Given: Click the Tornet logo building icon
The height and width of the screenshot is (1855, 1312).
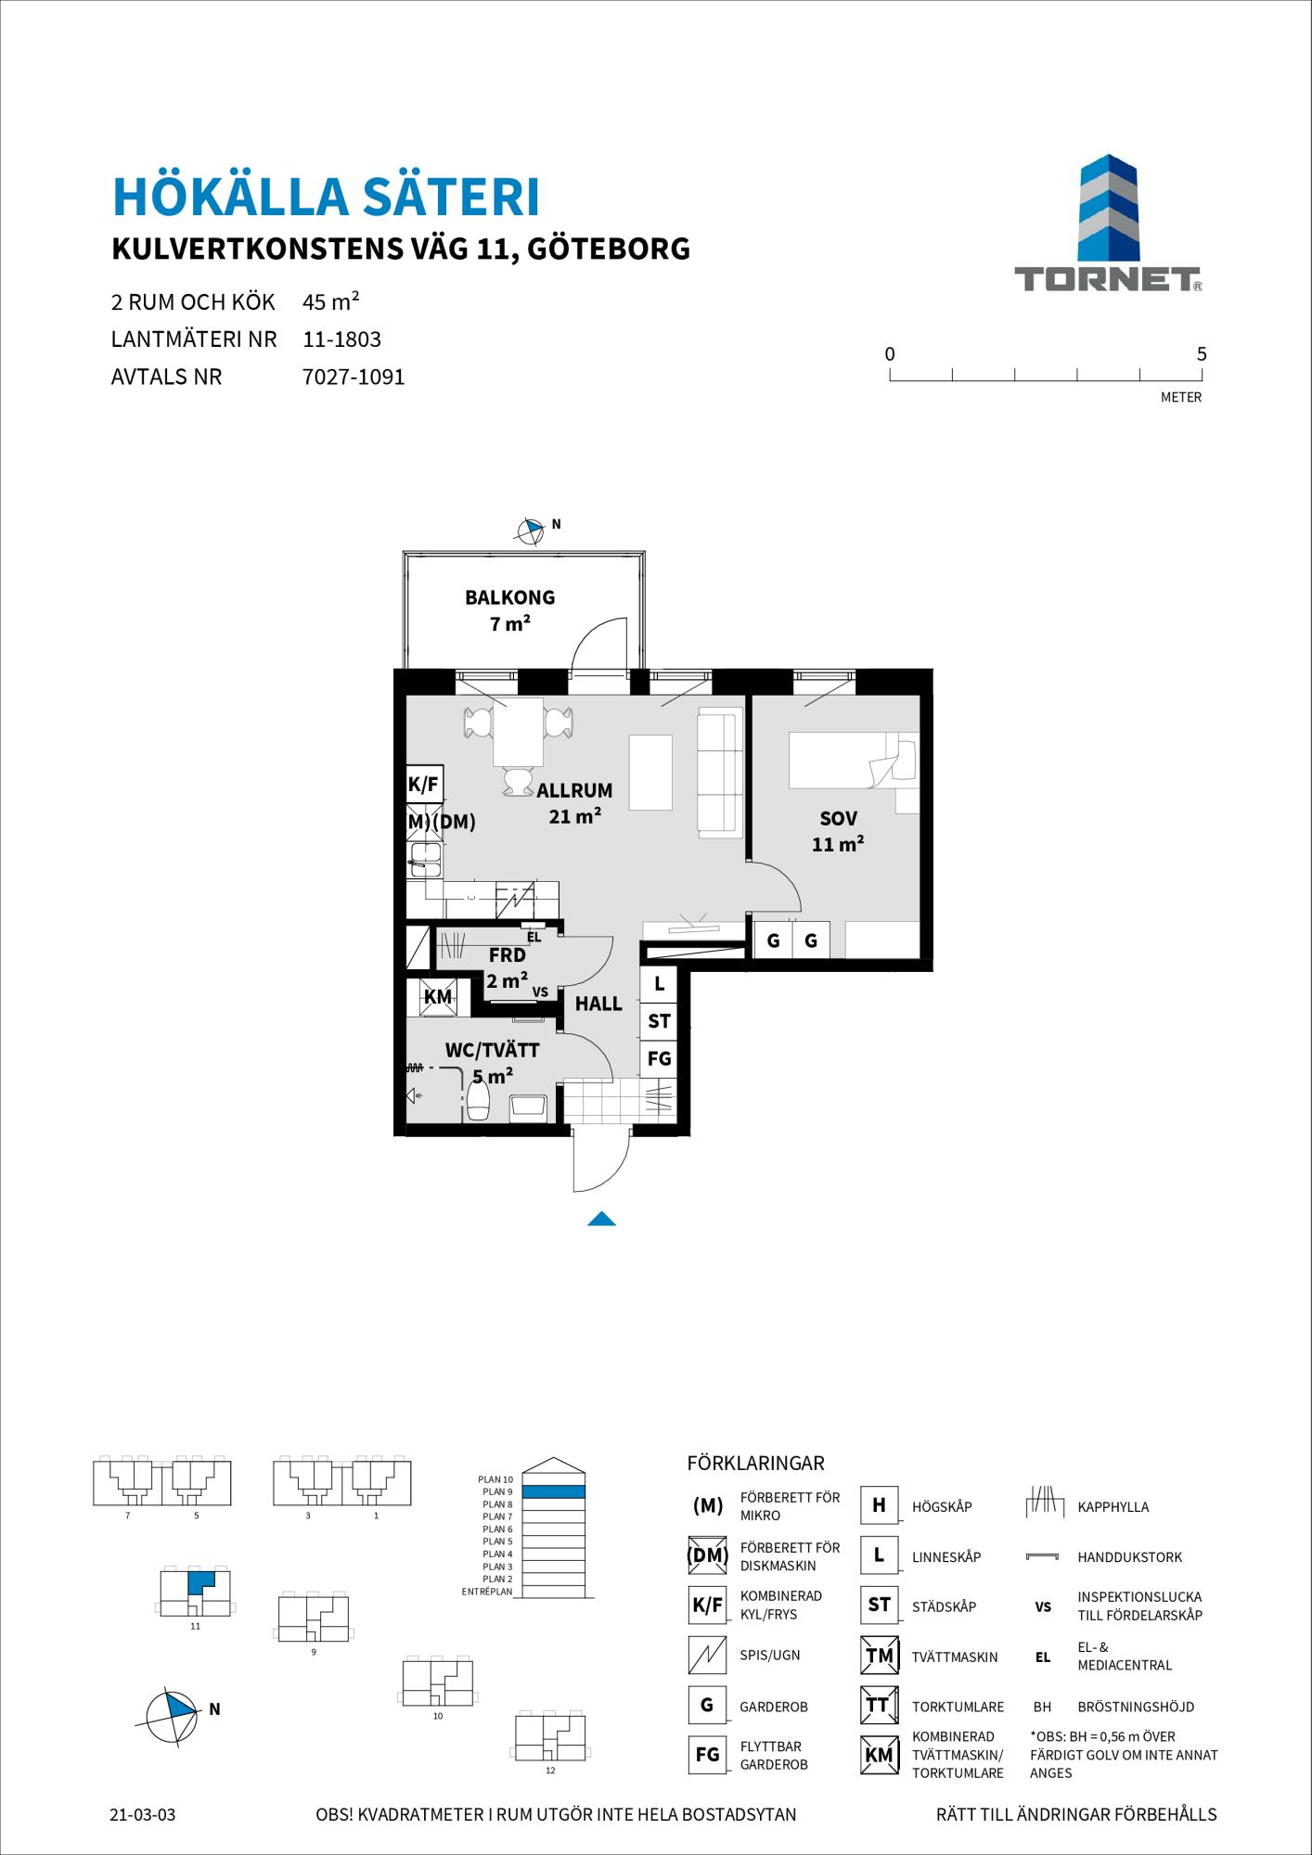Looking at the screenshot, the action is coord(1108,209).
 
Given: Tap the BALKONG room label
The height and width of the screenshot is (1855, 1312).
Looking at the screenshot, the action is coord(509,597).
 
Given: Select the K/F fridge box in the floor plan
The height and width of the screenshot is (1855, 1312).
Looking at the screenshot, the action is coord(424,785).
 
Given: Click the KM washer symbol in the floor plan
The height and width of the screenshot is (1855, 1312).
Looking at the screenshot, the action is coord(436,997).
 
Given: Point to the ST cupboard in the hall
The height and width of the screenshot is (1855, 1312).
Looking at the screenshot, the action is coord(659,1021).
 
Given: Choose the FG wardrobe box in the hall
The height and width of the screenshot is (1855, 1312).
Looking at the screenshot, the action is coord(659,1058).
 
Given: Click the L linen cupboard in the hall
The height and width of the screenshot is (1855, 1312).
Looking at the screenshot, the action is coord(659,984).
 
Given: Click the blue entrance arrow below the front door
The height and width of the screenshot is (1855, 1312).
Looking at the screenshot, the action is coord(601,1219).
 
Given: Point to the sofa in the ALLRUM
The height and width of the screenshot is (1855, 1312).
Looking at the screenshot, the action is coord(720,772).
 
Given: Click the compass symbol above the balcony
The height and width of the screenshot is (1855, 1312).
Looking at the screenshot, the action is coord(529,531).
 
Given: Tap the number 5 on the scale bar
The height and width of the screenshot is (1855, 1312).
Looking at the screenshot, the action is coord(1202,353).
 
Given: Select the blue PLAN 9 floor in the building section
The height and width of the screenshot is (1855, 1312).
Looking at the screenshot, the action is coord(554,1492).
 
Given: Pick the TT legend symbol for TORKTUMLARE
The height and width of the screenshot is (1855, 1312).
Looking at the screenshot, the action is coord(878,1705).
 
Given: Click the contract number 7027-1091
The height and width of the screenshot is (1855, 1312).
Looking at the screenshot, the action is coord(354,377).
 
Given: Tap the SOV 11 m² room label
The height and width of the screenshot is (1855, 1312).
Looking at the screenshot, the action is coord(838,831).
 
